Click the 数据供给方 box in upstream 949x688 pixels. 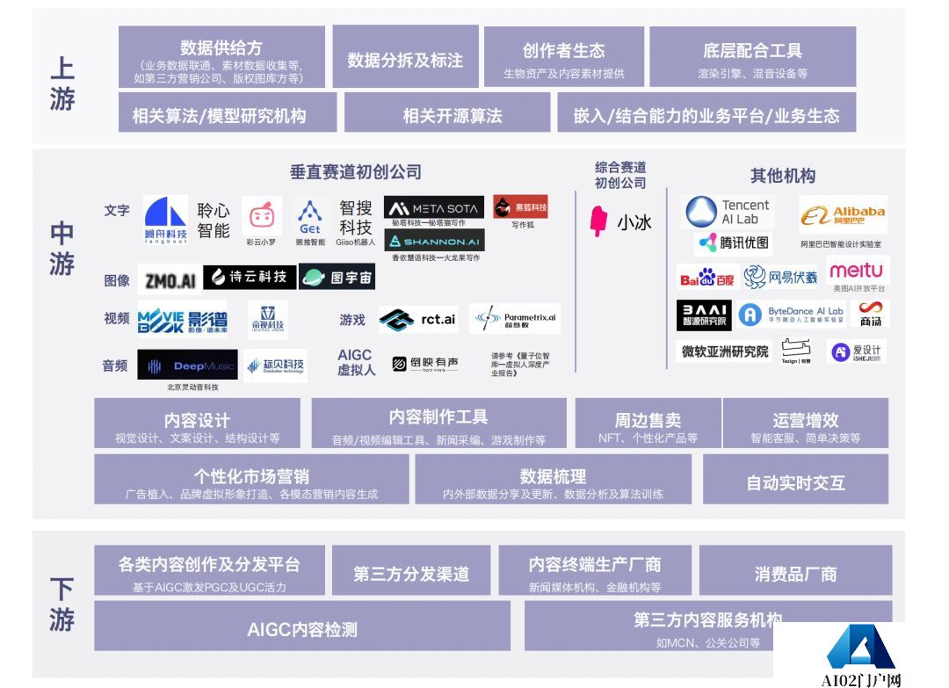(221, 57)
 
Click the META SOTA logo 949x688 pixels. (434, 208)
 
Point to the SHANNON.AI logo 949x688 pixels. (434, 241)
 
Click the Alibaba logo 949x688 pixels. (844, 215)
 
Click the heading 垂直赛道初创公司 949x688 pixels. (355, 172)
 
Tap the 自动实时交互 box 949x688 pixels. (795, 482)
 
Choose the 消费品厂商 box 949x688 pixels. (795, 574)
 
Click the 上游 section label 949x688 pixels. (62, 84)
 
